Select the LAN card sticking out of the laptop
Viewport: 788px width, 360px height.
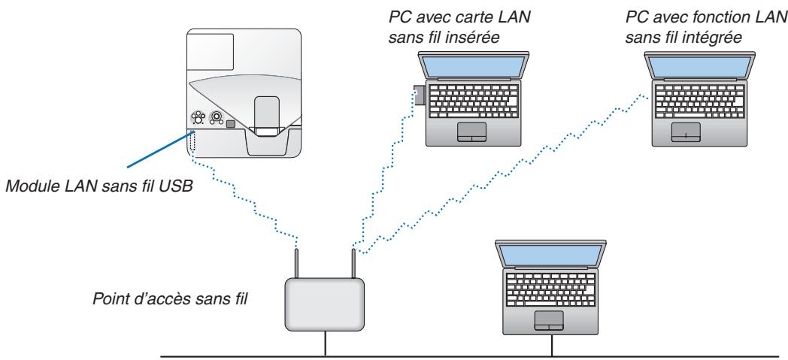(419, 95)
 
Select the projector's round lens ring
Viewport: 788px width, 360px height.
(217, 117)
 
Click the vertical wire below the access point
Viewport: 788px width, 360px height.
(324, 343)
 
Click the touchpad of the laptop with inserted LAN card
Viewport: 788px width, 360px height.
(470, 132)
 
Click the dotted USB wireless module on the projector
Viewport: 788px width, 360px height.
(192, 142)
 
